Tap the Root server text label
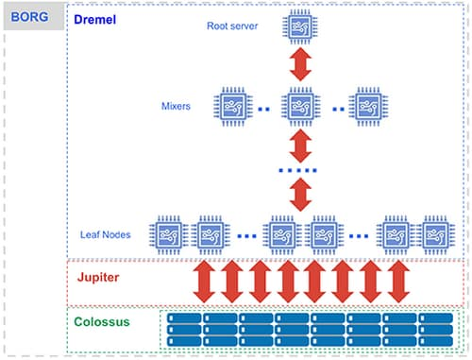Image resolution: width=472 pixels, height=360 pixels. pos(233,26)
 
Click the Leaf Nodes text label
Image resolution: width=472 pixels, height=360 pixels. pos(106,233)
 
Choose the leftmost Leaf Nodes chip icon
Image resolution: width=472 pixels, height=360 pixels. pos(169,233)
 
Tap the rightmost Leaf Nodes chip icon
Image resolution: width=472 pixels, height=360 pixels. pos(433,233)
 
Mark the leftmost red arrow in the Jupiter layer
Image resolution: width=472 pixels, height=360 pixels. pos(204,282)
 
